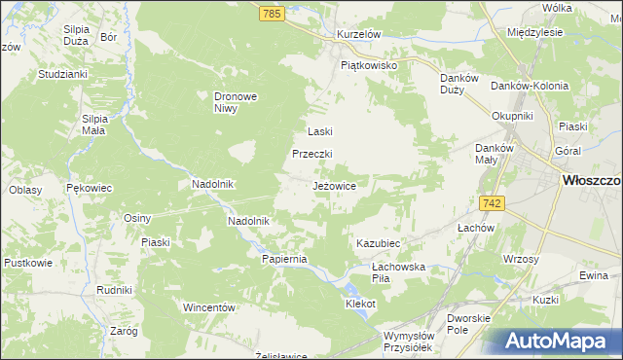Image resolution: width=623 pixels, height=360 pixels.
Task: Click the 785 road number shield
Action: [272, 14]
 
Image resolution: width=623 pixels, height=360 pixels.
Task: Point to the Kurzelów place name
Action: [357, 33]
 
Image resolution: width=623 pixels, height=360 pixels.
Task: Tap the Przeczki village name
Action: [313, 154]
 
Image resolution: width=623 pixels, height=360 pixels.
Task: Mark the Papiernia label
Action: [284, 259]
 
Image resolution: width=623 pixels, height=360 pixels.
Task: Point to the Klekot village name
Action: [360, 304]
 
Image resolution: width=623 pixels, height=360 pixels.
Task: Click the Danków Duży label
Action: [458, 84]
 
